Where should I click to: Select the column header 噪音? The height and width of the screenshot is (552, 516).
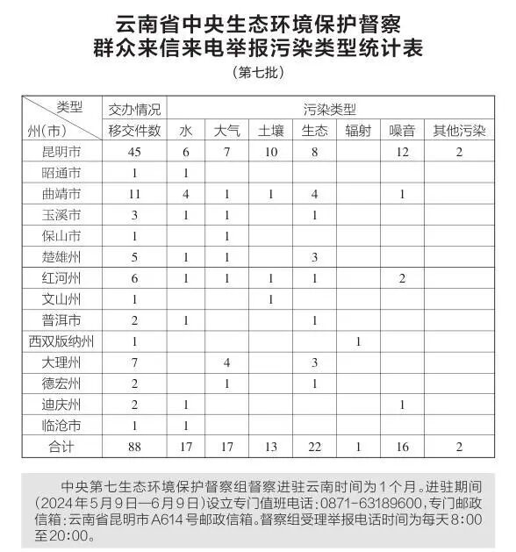point(402,131)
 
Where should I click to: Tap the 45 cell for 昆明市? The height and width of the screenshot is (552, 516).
point(135,152)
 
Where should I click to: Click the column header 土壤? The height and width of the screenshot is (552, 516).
point(270,131)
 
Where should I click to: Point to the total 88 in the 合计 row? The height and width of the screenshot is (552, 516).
point(135,447)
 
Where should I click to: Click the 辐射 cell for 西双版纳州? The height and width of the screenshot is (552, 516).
point(358,341)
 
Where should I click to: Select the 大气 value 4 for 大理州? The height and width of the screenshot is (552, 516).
point(226,362)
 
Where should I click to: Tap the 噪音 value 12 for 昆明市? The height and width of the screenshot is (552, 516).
point(402,152)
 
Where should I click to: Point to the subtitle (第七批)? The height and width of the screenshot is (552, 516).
point(257,73)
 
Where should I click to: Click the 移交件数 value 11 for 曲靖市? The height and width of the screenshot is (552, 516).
point(135,194)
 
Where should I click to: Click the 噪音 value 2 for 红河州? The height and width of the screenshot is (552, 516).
point(402,278)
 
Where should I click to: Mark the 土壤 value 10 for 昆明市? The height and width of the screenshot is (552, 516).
point(270,152)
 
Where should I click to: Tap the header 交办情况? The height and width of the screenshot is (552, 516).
point(135,110)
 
